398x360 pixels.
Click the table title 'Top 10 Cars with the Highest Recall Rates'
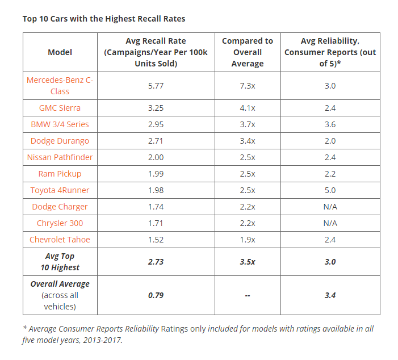(x=104, y=19)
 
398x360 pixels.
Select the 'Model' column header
(x=60, y=52)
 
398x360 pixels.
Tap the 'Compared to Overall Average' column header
(x=248, y=52)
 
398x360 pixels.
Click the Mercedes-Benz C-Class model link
(x=60, y=86)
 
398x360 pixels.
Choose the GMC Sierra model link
(x=60, y=108)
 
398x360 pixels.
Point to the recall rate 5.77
(x=156, y=86)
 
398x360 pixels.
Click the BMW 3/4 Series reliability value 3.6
(x=330, y=124)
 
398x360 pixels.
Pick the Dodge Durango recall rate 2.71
(x=156, y=141)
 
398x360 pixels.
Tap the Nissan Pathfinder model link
(x=60, y=157)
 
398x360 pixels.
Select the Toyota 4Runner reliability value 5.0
(x=330, y=190)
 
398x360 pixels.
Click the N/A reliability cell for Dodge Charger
(x=330, y=207)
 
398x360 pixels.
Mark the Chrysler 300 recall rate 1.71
(x=156, y=223)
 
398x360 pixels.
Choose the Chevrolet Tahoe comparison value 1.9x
(x=248, y=240)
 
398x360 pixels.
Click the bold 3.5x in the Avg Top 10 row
(x=248, y=262)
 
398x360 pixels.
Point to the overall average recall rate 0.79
(x=156, y=295)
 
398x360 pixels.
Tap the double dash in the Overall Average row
(x=248, y=295)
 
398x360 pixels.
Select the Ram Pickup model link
(x=60, y=174)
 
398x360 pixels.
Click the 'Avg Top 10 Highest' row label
(x=60, y=262)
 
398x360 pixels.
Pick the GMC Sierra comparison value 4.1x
(x=248, y=108)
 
